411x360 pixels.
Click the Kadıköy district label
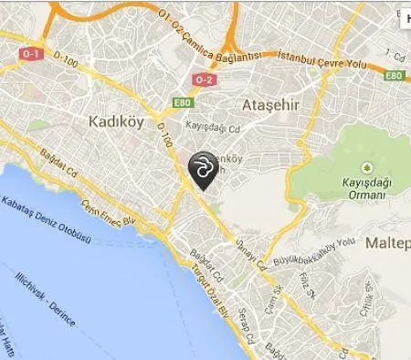[116, 122]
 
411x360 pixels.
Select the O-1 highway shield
[30, 54]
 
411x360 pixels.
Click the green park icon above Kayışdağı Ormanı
[366, 167]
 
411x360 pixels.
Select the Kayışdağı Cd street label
[212, 127]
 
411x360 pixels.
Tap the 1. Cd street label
[394, 56]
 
